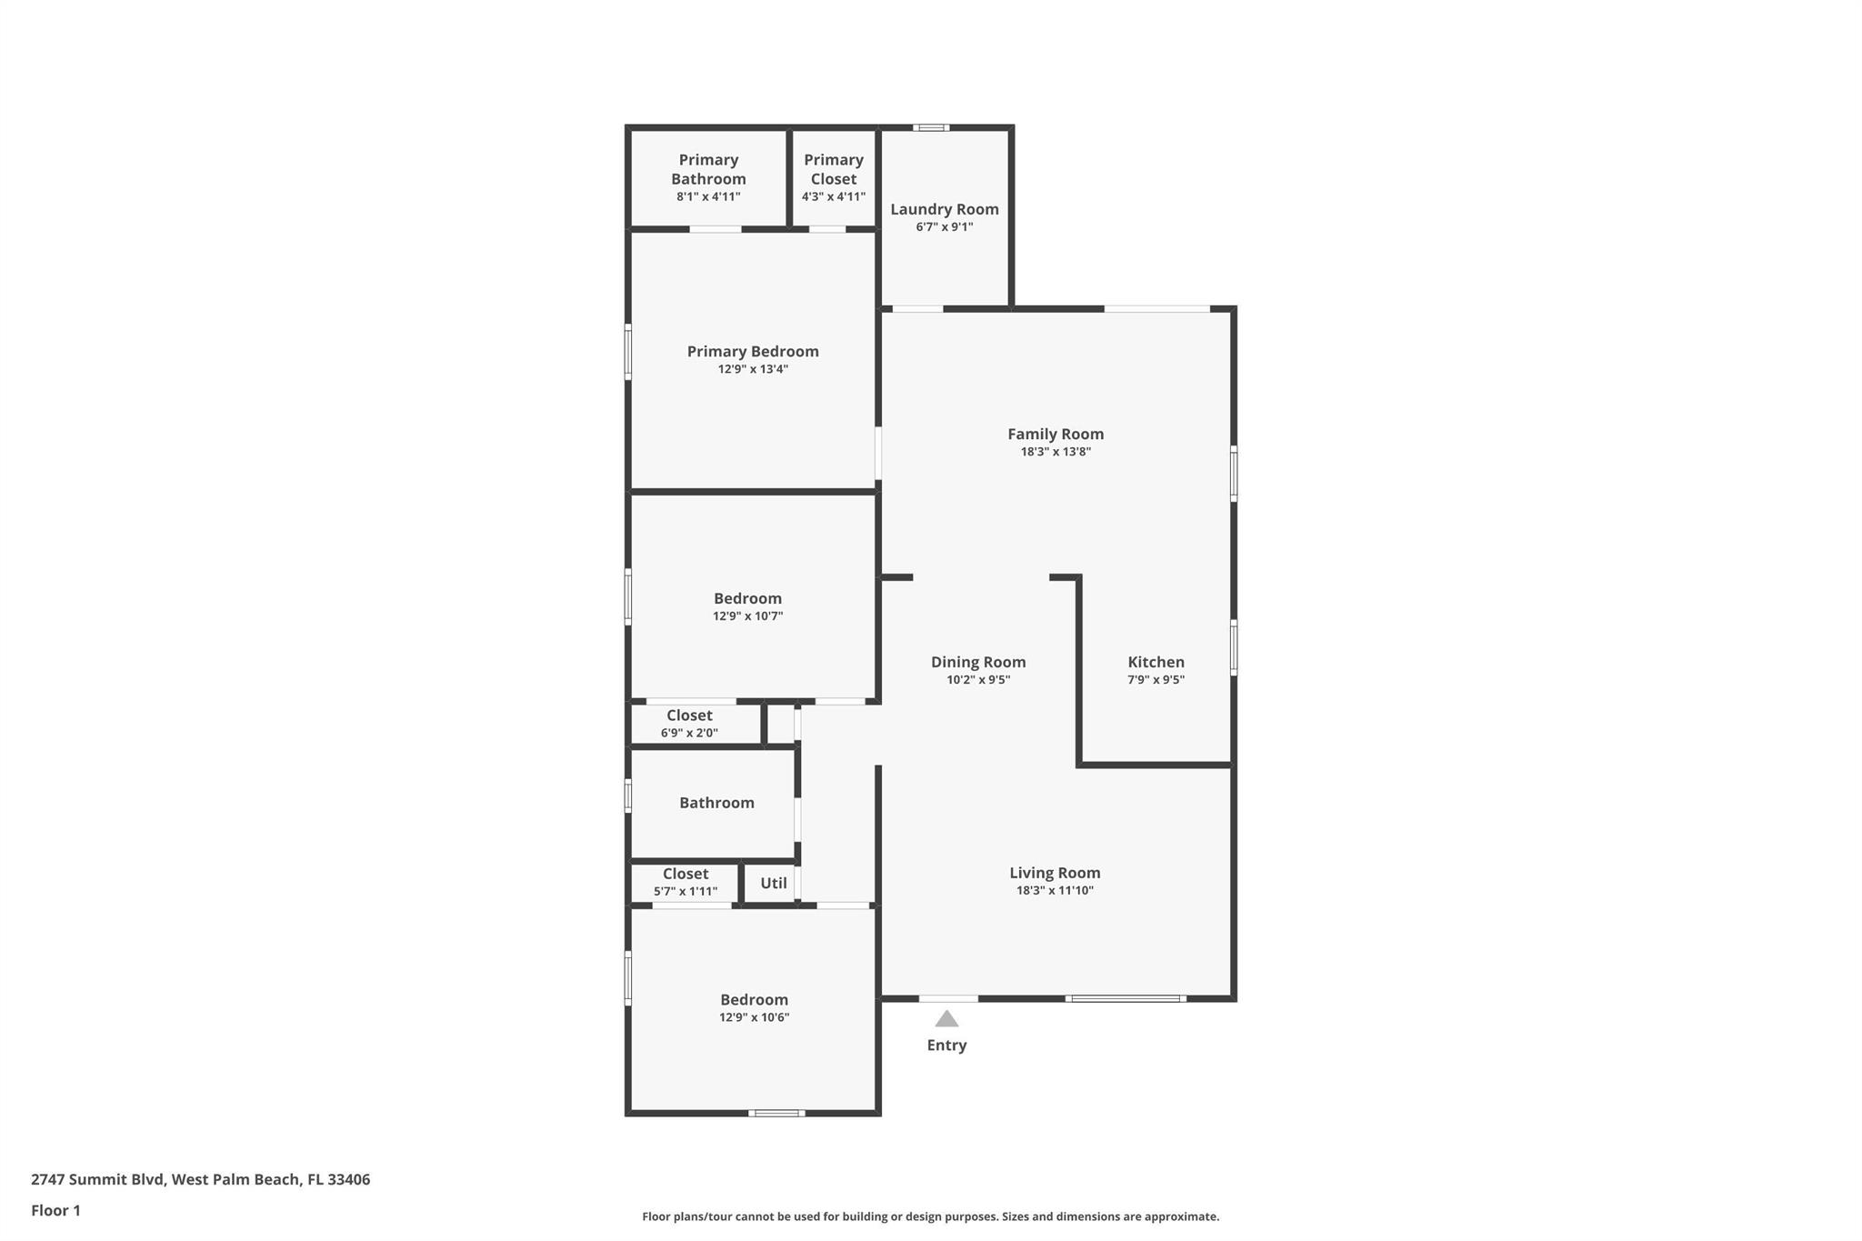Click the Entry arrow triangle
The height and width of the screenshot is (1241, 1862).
pyautogui.click(x=946, y=1019)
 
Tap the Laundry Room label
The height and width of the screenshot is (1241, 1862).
pyautogui.click(x=944, y=209)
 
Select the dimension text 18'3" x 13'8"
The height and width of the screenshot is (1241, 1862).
pyautogui.click(x=1055, y=452)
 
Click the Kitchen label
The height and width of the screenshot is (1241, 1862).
pyautogui.click(x=1156, y=662)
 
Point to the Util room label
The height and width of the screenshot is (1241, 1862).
pyautogui.click(x=773, y=883)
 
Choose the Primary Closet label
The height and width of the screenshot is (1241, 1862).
pyautogui.click(x=833, y=169)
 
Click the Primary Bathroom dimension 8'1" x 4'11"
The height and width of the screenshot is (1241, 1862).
pyautogui.click(x=708, y=196)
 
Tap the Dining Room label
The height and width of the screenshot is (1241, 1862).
pyautogui.click(x=977, y=662)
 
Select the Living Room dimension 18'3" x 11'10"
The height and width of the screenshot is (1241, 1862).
pyautogui.click(x=1055, y=890)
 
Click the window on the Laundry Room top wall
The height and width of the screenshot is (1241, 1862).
pyautogui.click(x=931, y=128)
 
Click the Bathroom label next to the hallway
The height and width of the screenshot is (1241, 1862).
pyautogui.click(x=716, y=803)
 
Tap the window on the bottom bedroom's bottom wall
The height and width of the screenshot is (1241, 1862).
pyautogui.click(x=776, y=1113)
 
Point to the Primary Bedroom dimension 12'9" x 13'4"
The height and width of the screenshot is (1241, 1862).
pyautogui.click(x=753, y=369)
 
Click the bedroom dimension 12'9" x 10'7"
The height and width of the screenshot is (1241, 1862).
pyautogui.click(x=747, y=616)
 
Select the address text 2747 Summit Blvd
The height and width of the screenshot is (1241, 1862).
pyautogui.click(x=97, y=1179)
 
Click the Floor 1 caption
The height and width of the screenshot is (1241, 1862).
pyautogui.click(x=55, y=1210)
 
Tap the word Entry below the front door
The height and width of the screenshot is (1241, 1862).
pyautogui.click(x=946, y=1046)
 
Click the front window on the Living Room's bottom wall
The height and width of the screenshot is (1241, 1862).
pyautogui.click(x=1126, y=998)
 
